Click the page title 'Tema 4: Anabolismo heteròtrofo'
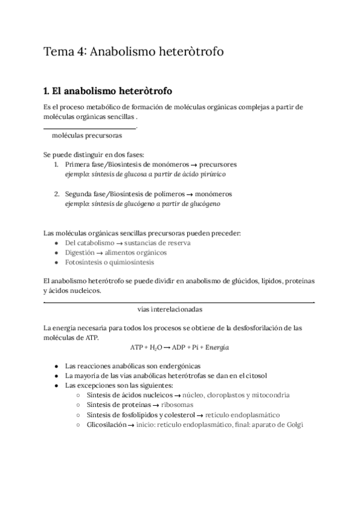[134, 52]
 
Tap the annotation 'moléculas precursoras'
[87, 136]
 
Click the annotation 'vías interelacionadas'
[170, 310]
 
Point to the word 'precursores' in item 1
[218, 164]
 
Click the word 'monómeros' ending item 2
[212, 194]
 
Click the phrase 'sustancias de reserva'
[158, 243]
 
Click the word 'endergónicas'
[175, 366]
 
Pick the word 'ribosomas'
[177, 405]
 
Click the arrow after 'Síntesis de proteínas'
[155, 405]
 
